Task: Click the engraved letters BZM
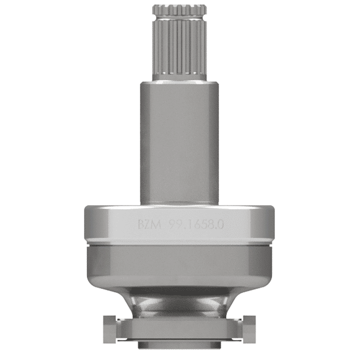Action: point(149,225)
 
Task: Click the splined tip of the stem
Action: point(179,44)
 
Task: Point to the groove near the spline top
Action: point(179,12)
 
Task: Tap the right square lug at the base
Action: point(250,326)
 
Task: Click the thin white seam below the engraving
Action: point(179,242)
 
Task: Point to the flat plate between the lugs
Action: point(179,327)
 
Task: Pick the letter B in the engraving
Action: point(141,225)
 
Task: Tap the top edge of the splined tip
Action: point(179,6)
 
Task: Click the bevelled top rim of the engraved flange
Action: point(179,208)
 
